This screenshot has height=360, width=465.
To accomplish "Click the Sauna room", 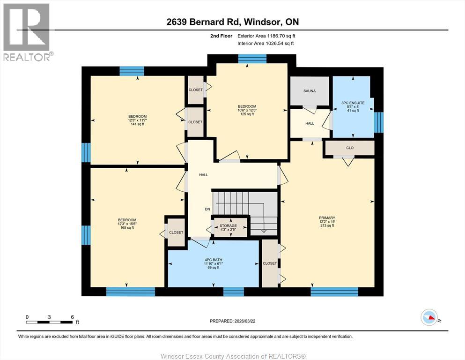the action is (x=310, y=91).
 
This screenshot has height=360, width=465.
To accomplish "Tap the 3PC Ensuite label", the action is (x=353, y=103).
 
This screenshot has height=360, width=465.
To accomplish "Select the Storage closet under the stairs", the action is (x=230, y=227).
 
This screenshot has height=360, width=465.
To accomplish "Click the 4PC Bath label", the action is (x=213, y=260).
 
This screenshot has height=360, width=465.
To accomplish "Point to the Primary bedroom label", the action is (x=327, y=217).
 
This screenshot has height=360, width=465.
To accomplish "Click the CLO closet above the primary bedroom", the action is (x=350, y=148).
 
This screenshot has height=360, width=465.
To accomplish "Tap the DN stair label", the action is (x=207, y=209).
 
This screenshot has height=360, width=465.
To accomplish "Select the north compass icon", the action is (x=429, y=317).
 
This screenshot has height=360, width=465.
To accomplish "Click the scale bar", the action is (x=49, y=322).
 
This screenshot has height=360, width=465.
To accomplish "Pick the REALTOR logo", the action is (x=26, y=32).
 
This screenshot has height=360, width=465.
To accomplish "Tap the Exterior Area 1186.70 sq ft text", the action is (x=266, y=36).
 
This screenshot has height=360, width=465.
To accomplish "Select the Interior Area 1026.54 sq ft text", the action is (x=266, y=43).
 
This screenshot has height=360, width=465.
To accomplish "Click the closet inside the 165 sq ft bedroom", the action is (x=176, y=232).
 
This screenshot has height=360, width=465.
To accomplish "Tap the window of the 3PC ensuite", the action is (x=379, y=122).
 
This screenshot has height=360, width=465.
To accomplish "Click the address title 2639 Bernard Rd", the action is (x=203, y=22).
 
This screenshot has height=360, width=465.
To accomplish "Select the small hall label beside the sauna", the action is (x=310, y=123).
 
